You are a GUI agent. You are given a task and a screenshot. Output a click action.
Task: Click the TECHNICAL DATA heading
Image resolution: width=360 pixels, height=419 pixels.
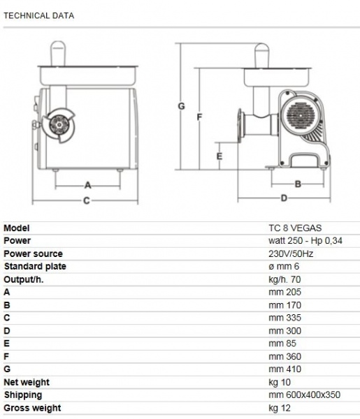38,16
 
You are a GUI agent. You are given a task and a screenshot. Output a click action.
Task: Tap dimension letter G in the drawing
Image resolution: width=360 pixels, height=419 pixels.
181,106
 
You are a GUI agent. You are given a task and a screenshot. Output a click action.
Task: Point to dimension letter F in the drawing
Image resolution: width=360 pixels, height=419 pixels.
199,117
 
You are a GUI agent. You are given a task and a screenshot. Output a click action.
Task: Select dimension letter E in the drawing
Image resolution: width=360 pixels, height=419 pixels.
219,156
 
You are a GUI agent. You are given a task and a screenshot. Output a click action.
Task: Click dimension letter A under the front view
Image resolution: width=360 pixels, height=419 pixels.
87,185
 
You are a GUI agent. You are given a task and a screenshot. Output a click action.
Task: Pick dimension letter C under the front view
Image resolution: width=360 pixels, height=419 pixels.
87,200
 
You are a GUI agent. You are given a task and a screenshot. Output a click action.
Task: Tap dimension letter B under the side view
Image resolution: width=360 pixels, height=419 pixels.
298,184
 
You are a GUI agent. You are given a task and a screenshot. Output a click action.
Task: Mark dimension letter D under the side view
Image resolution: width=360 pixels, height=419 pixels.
284,198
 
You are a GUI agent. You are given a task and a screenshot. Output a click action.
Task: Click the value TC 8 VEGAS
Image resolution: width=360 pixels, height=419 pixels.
295,228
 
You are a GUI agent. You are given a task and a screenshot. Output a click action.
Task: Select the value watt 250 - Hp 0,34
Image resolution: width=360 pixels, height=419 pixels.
305,240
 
